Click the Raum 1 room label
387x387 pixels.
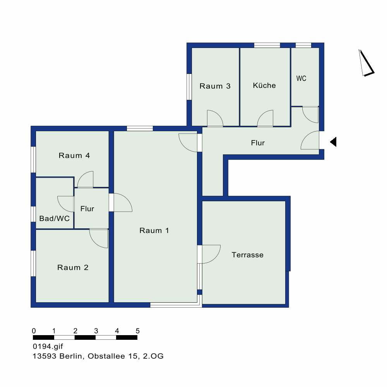(x=154, y=231)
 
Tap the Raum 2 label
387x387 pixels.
(x=73, y=267)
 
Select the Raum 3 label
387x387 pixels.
(x=215, y=86)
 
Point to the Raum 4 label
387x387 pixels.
(x=74, y=156)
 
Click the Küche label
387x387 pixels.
(x=264, y=86)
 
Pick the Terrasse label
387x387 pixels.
(x=248, y=255)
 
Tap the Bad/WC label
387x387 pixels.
(x=54, y=218)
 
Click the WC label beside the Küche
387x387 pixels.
(x=301, y=79)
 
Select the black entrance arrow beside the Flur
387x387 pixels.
(x=333, y=142)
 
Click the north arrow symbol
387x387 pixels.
(x=366, y=64)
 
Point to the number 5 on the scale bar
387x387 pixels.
(x=138, y=331)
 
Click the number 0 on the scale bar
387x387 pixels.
(x=34, y=331)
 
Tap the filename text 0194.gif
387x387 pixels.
(x=48, y=346)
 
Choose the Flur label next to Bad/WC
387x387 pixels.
(x=87, y=209)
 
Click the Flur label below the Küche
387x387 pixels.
(x=258, y=143)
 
